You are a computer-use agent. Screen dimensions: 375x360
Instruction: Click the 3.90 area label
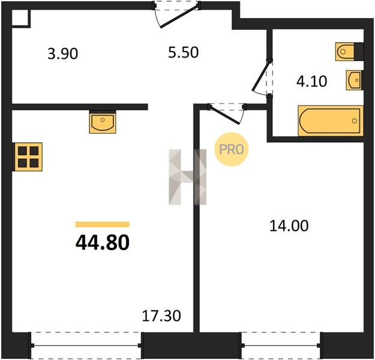[62, 54]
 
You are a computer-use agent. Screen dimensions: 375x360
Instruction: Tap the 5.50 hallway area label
[183, 53]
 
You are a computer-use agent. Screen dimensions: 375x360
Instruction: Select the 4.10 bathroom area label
[311, 82]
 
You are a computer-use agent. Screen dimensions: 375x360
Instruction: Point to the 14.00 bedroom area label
[289, 226]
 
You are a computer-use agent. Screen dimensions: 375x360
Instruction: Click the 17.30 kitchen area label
[161, 316]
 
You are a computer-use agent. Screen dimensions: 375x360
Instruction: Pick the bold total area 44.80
[103, 242]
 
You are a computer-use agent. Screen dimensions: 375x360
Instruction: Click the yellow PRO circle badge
[231, 149]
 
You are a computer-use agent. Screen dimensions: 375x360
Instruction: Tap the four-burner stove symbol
[28, 157]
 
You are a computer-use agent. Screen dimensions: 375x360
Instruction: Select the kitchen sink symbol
[103, 122]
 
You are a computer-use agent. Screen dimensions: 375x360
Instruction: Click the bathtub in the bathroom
[331, 121]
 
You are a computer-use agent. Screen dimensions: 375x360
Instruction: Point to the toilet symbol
[349, 52]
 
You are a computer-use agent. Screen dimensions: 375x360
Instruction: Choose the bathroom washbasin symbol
[355, 80]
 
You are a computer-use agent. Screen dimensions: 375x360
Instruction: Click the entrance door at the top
[177, 14]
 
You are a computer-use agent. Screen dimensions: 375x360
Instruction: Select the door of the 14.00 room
[226, 113]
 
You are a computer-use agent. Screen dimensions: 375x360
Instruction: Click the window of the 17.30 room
[86, 345]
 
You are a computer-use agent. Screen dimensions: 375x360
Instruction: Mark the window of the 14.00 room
[281, 345]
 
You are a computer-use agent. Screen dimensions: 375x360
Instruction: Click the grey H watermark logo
[187, 177]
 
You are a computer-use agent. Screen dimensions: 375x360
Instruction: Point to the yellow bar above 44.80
[103, 224]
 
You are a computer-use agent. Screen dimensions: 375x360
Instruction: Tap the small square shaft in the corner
[20, 18]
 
